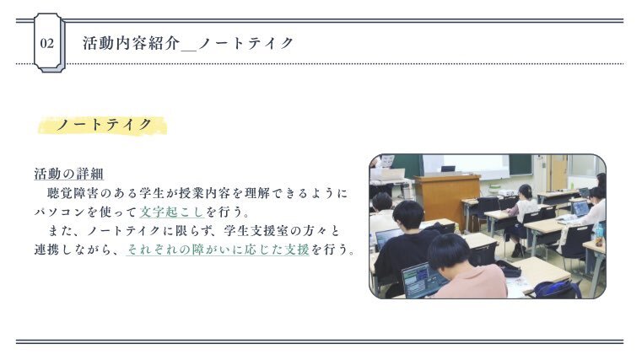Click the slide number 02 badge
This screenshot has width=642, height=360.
(x=49, y=43)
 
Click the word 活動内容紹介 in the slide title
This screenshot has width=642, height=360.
(x=132, y=43)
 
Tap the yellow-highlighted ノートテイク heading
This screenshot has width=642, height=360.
(x=103, y=125)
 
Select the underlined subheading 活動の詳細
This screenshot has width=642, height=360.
(x=69, y=174)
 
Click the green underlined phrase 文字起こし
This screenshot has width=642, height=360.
(x=172, y=212)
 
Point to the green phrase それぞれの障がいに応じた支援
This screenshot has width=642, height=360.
(x=218, y=250)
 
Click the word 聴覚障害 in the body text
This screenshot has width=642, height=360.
(x=73, y=193)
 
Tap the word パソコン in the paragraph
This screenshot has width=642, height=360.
(x=60, y=212)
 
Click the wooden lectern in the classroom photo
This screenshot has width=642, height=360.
(x=446, y=201)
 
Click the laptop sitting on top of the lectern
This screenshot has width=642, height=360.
(x=448, y=169)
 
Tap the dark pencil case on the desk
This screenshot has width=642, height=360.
(x=508, y=268)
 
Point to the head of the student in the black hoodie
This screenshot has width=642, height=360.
(x=407, y=215)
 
